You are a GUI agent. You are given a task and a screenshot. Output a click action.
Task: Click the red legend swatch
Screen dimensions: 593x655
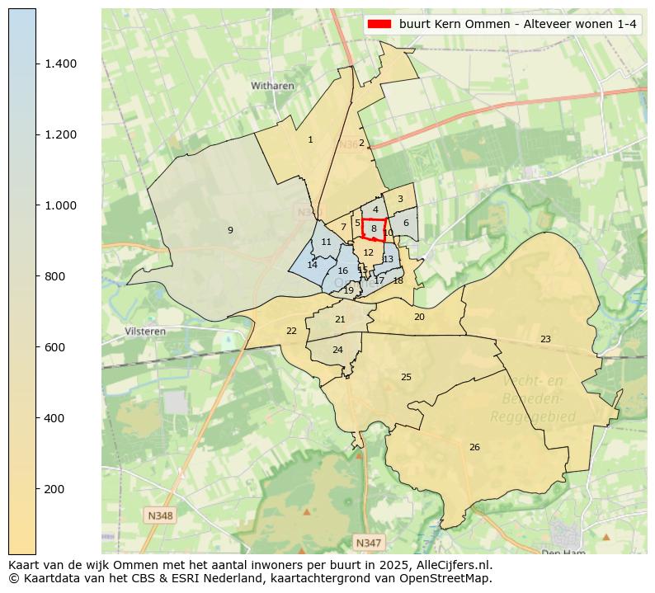coord(380,24)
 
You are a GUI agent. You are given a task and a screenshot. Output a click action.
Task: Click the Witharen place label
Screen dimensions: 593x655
coord(273,85)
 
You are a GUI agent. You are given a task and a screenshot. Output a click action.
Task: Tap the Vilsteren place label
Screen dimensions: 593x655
coord(145,332)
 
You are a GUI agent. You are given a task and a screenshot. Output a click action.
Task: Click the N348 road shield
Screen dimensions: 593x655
coord(160,515)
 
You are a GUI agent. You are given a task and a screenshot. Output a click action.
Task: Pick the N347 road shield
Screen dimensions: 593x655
coord(368,542)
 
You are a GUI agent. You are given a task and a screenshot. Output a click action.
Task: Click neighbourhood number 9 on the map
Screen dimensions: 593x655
coord(230,230)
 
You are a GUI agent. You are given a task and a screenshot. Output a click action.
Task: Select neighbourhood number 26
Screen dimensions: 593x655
coord(474,447)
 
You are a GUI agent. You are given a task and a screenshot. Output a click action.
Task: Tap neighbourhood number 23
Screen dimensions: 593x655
coord(545,339)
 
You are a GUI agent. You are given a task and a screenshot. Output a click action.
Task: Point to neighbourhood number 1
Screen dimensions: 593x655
coord(310,139)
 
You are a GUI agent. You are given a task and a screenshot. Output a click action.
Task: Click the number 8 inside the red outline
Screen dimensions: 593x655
coord(374,228)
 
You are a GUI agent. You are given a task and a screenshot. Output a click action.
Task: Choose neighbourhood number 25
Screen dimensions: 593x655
coord(406,377)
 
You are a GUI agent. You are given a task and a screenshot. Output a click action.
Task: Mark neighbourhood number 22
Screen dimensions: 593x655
coord(291,331)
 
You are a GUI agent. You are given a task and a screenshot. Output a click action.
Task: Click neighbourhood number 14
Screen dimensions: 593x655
coord(312,265)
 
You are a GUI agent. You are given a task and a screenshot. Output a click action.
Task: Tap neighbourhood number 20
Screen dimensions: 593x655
coord(419,317)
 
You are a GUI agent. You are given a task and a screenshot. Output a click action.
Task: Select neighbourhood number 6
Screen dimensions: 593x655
coord(406,223)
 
